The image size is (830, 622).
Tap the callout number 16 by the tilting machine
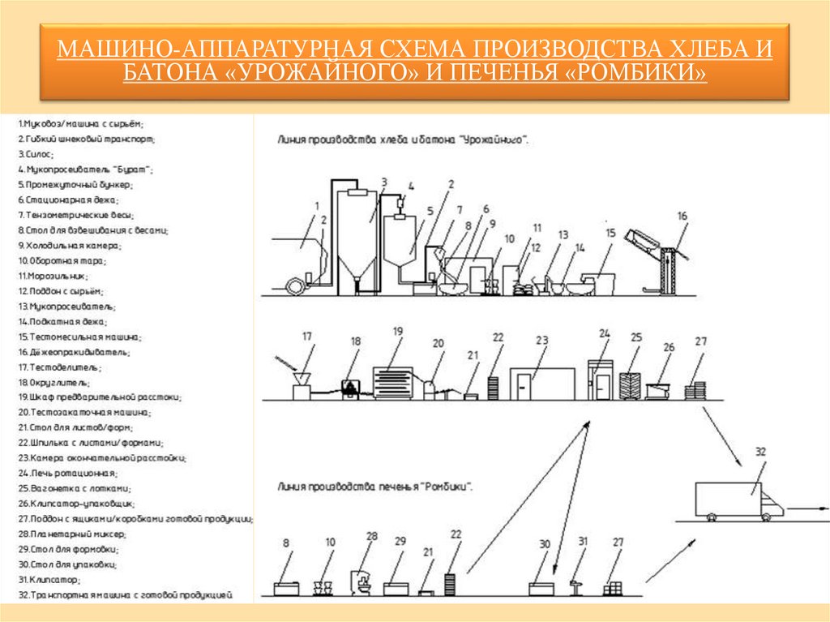click(682, 216)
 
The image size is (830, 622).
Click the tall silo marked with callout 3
click(355, 235)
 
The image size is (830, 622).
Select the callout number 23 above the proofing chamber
click(542, 340)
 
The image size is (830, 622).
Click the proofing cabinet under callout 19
click(393, 382)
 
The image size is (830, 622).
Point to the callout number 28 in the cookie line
click(372, 536)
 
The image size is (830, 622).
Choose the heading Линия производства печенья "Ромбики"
click(375, 487)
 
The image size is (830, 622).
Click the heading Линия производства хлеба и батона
click(403, 139)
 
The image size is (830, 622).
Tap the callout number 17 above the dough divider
click(306, 336)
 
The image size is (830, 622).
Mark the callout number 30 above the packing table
click(544, 544)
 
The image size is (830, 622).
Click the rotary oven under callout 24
click(600, 380)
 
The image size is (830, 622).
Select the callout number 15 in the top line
click(610, 233)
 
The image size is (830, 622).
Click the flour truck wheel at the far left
click(297, 285)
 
